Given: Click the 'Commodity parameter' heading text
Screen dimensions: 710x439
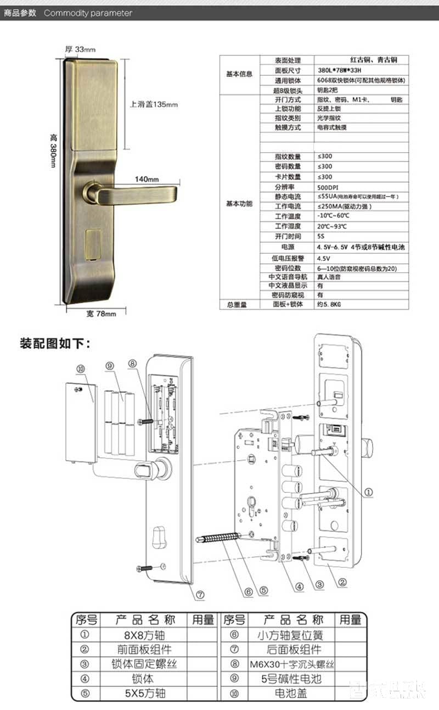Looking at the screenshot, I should [88, 13].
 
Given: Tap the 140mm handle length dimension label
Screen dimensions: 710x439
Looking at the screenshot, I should [147, 179].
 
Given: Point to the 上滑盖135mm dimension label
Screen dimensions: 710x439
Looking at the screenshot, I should [153, 104].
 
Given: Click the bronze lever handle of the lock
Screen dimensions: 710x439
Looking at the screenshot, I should [137, 193].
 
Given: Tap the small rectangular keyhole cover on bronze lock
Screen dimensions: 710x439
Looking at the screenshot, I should [93, 242].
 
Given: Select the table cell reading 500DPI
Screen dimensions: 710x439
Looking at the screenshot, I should [327, 187].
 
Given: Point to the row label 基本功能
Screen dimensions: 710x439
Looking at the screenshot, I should [239, 203].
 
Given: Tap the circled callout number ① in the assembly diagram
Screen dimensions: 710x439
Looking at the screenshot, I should [368, 493].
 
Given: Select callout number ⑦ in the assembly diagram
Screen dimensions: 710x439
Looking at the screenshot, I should [200, 595].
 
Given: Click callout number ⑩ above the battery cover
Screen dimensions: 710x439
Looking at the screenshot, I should [81, 371].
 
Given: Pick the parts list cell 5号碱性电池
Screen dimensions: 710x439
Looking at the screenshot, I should [290, 679].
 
